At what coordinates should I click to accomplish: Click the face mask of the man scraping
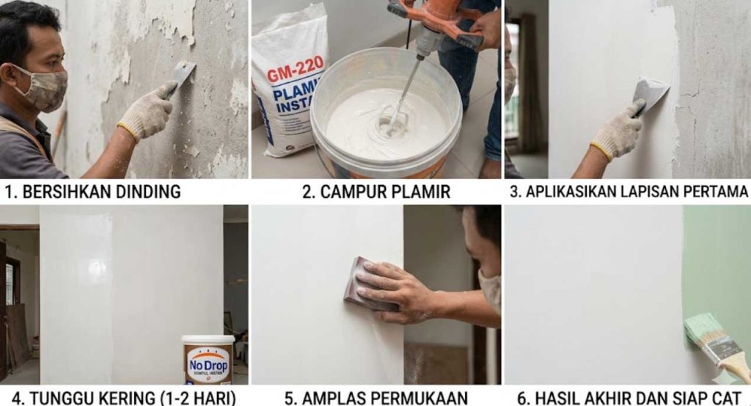45,88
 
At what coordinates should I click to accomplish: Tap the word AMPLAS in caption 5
329,398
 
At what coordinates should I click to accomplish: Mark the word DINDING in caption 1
147,192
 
